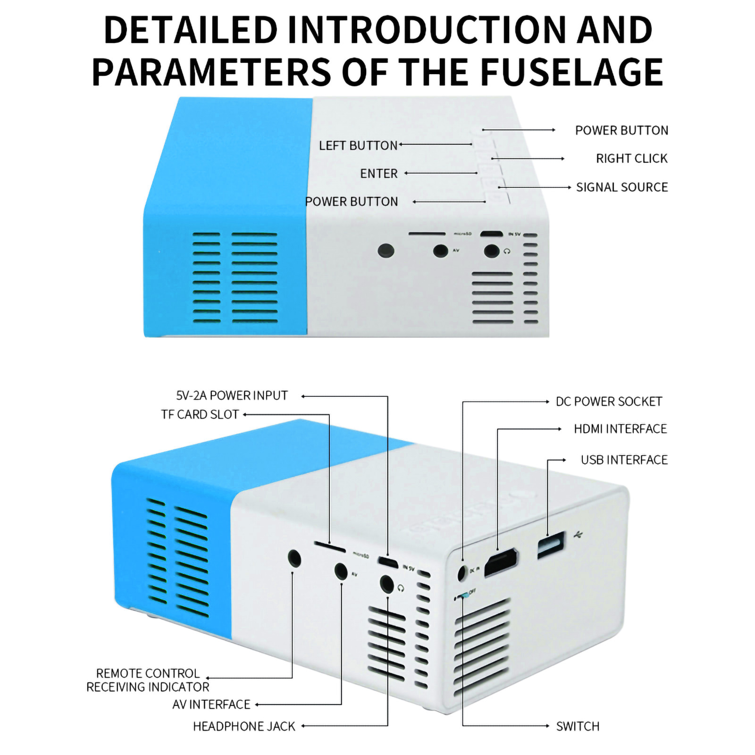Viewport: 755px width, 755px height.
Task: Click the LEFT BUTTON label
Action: (x=358, y=145)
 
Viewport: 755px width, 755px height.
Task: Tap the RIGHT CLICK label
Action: (x=631, y=159)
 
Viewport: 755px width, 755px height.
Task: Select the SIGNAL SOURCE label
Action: (x=621, y=187)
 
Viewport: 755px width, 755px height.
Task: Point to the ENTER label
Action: (x=378, y=174)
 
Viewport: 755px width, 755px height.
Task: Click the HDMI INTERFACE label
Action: (x=620, y=429)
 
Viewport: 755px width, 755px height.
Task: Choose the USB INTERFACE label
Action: (x=624, y=460)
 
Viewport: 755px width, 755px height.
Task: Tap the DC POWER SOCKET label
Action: (x=609, y=402)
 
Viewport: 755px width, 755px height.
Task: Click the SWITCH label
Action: (x=578, y=726)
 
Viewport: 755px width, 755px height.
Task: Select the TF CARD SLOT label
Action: (x=200, y=415)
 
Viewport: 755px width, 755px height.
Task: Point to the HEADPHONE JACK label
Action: (x=244, y=726)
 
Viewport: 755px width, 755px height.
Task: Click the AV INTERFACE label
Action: (x=211, y=705)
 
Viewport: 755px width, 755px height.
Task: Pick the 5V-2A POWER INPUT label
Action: (x=232, y=395)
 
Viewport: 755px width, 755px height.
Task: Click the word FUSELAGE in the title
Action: (x=571, y=72)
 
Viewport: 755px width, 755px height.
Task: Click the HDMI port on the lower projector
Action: (x=501, y=562)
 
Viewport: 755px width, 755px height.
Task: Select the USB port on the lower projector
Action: (x=551, y=545)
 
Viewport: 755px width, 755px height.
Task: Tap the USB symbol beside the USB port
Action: (x=579, y=535)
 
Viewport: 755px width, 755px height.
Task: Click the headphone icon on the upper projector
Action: (x=507, y=252)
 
